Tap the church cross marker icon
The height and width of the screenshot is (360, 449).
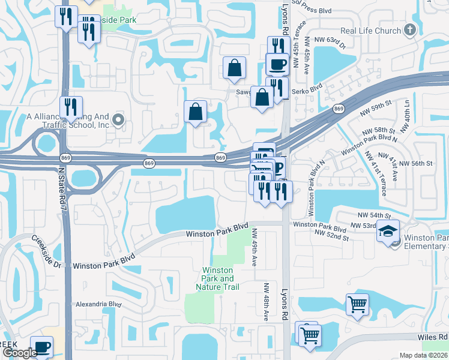click(x=409, y=29)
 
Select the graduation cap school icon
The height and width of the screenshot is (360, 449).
click(x=388, y=230)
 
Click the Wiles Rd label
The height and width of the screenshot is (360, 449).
click(x=435, y=337)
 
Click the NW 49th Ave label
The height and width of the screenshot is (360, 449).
click(x=255, y=247)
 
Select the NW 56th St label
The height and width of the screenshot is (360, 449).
click(x=415, y=163)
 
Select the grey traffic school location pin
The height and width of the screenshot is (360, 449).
click(x=118, y=120)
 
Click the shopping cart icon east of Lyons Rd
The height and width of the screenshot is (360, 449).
click(x=357, y=305)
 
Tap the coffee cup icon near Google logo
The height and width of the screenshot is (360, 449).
click(x=41, y=347)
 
